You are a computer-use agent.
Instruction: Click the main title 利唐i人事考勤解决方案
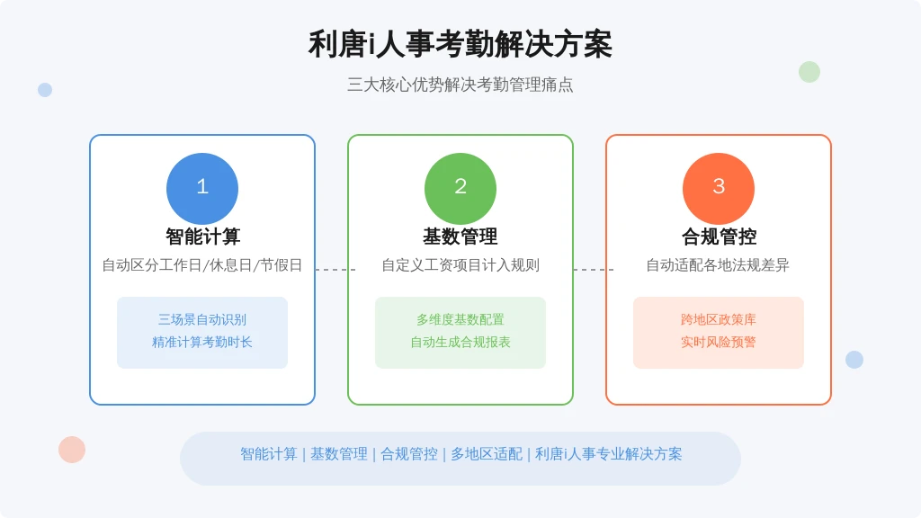[460, 45]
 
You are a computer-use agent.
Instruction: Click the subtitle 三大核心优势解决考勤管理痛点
[460, 85]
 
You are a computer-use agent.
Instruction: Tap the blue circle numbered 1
[202, 189]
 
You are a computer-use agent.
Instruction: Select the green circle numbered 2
[460, 189]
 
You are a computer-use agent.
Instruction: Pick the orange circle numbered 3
[719, 189]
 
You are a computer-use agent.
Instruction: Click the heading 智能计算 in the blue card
[202, 237]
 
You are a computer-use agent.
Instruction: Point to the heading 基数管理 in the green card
[460, 237]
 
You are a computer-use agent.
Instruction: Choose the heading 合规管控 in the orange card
[719, 237]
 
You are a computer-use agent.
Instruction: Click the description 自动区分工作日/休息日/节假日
[202, 265]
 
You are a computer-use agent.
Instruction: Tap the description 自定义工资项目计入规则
[460, 265]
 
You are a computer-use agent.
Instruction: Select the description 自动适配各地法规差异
[718, 265]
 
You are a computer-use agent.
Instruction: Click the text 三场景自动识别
[202, 319]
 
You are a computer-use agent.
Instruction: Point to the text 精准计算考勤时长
[202, 343]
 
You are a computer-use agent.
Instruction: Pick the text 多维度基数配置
[460, 319]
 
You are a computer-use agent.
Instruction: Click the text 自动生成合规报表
[460, 343]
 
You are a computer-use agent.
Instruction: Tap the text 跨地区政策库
[719, 319]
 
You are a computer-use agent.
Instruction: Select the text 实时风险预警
[719, 343]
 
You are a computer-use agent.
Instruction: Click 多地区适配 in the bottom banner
[487, 454]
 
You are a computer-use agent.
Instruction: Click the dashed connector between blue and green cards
[335, 270]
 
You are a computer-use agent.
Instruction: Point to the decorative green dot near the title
[809, 72]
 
